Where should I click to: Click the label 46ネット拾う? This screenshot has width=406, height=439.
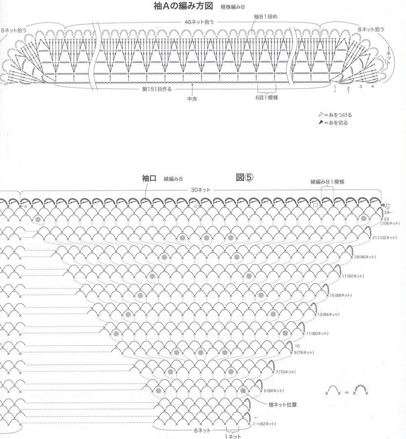(200, 22)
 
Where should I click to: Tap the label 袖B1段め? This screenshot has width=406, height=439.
(265, 16)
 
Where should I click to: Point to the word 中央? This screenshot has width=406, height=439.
(192, 99)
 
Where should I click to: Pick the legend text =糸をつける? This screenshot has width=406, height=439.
(338, 115)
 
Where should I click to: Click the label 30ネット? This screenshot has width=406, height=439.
(200, 190)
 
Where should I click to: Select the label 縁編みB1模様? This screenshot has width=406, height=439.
(327, 182)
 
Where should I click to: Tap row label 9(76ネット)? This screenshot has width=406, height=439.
(304, 353)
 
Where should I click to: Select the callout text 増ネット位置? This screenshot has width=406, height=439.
(283, 405)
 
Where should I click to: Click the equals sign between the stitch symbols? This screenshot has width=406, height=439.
(346, 393)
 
